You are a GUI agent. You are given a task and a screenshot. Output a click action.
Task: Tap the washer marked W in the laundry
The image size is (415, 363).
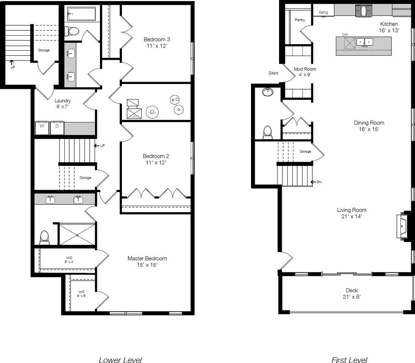click(x=42, y=128)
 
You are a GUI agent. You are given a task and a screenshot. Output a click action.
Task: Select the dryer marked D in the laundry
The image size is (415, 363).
click(x=57, y=128)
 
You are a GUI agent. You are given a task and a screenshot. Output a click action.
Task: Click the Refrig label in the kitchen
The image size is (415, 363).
click(x=323, y=12)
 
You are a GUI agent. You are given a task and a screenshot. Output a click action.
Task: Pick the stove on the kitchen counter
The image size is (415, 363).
click(x=363, y=11)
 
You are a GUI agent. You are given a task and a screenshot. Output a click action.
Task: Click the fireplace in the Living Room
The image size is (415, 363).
click(x=403, y=226)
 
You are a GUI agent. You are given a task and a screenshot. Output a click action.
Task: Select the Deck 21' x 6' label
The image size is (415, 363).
click(x=352, y=293)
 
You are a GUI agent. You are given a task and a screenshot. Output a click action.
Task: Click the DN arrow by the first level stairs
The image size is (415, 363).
click(x=315, y=182)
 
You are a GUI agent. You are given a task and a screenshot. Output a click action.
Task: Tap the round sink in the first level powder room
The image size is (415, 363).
click(x=268, y=92)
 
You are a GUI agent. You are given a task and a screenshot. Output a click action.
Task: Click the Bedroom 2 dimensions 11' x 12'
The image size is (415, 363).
click(x=154, y=163)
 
